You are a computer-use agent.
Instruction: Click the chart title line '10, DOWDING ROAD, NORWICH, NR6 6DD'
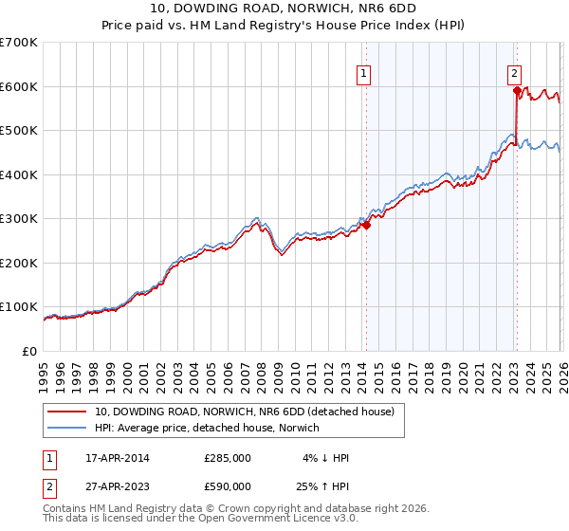pos(284,9)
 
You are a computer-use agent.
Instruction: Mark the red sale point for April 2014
pos(366,226)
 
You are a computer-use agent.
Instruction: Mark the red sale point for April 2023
pos(517,92)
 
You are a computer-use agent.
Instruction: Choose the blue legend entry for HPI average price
pos(207,428)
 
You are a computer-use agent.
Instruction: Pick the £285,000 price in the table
pos(228,458)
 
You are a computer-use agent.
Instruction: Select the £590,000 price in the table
pos(228,486)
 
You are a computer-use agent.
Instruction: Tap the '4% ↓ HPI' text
pos(325,458)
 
